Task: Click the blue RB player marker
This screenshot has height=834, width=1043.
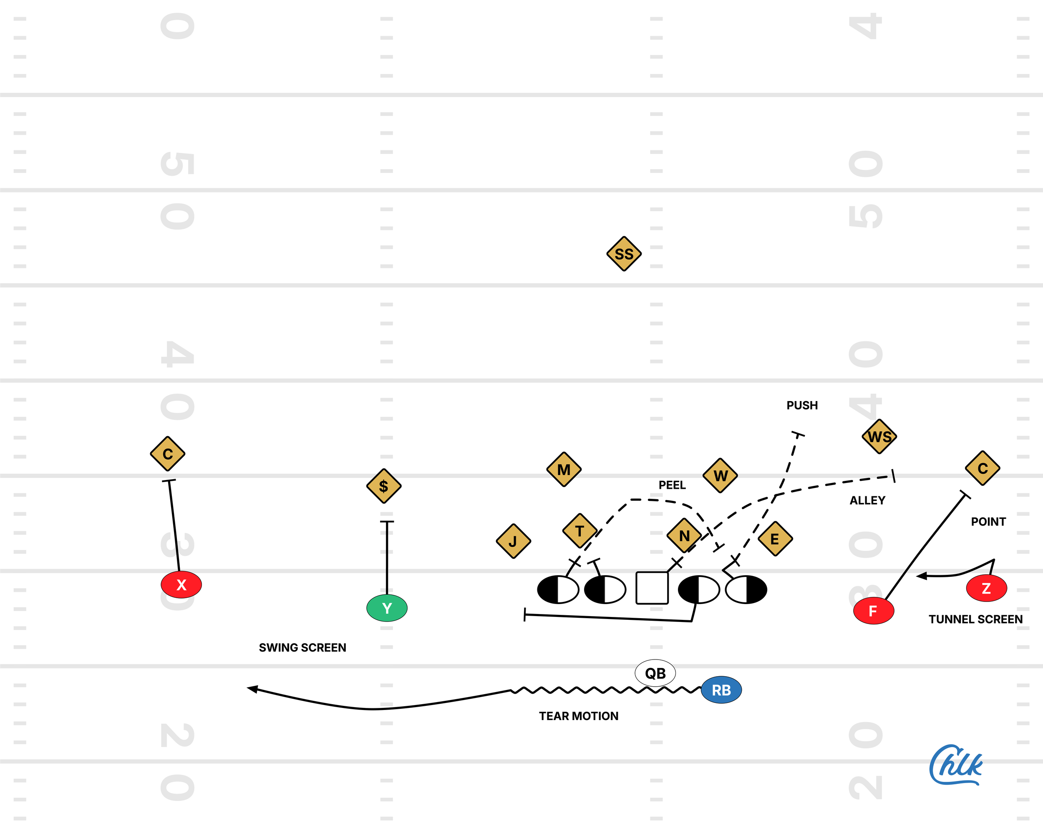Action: tap(721, 690)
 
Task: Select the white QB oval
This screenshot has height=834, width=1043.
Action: tap(655, 673)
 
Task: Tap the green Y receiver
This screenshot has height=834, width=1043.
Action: tap(386, 608)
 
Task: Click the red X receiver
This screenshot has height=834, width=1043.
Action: tap(181, 585)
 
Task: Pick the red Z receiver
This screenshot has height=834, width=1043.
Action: tap(986, 588)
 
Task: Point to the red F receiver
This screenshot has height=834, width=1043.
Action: tap(873, 611)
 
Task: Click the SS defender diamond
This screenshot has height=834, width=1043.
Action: tap(624, 254)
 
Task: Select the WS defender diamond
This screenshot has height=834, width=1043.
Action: tap(879, 437)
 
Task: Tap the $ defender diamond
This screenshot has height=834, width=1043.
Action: tap(384, 486)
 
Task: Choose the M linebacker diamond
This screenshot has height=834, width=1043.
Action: tap(564, 470)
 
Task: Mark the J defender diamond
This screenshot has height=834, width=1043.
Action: tap(513, 541)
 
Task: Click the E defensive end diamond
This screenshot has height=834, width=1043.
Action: tap(775, 539)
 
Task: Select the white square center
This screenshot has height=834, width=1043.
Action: tap(652, 588)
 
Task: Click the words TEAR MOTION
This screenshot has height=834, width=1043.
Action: tap(579, 716)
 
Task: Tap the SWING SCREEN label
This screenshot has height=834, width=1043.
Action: tap(302, 648)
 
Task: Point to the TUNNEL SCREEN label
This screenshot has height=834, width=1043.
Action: tap(975, 619)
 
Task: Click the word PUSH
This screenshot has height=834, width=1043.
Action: tap(801, 405)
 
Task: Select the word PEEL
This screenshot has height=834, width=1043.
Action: tap(672, 485)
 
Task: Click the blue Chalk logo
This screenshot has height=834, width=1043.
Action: tap(955, 765)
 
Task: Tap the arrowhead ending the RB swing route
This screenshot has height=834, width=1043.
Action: tap(252, 688)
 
